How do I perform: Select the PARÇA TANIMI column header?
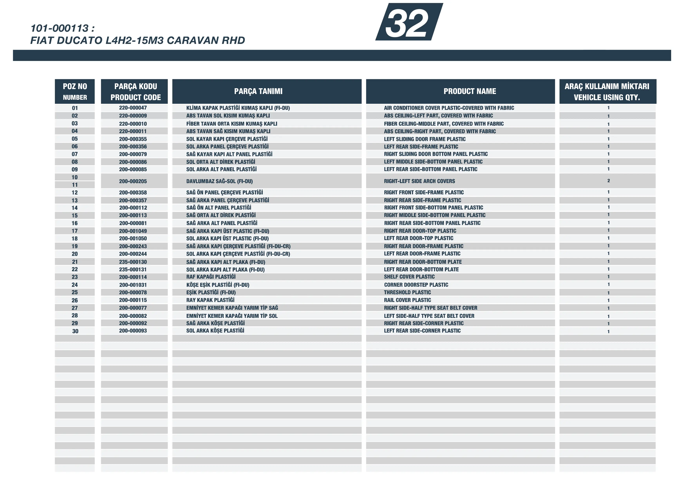pyautogui.click(x=258, y=91)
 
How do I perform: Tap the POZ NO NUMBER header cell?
pyautogui.click(x=75, y=91)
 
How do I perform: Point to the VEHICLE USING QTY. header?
pyautogui.click(x=607, y=97)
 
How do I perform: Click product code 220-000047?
pyautogui.click(x=133, y=108)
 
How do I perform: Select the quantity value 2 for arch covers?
pyautogui.click(x=608, y=180)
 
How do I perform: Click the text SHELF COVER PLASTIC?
pyautogui.click(x=409, y=277)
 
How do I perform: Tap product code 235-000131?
pyautogui.click(x=133, y=269)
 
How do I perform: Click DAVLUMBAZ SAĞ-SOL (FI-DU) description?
pyautogui.click(x=219, y=181)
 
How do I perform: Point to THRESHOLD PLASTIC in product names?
pyautogui.click(x=407, y=292)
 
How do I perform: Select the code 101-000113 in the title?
pyautogui.click(x=60, y=28)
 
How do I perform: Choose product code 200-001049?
pyautogui.click(x=133, y=231)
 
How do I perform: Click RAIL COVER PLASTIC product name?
pyautogui.click(x=407, y=300)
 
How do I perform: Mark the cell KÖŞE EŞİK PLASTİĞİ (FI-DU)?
pyautogui.click(x=218, y=285)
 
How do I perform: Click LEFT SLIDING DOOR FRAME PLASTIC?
pyautogui.click(x=425, y=139)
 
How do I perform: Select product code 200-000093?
pyautogui.click(x=133, y=331)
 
